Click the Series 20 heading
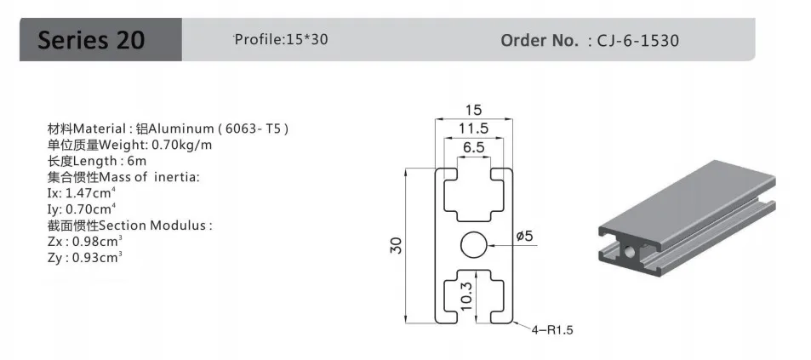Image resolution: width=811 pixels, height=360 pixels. (91, 40)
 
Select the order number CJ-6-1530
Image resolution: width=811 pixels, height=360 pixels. (637, 40)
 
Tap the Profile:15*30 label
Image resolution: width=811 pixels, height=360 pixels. (281, 39)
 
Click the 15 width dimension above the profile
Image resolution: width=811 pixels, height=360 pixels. (473, 110)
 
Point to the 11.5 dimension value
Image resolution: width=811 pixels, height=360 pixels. (473, 129)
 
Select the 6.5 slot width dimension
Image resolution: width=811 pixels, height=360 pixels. (474, 147)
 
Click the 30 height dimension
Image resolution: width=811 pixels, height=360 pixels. (397, 244)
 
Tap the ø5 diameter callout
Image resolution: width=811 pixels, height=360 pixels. (524, 236)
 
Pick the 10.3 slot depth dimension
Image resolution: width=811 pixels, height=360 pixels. (466, 296)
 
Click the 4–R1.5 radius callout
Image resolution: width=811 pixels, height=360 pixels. (552, 329)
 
